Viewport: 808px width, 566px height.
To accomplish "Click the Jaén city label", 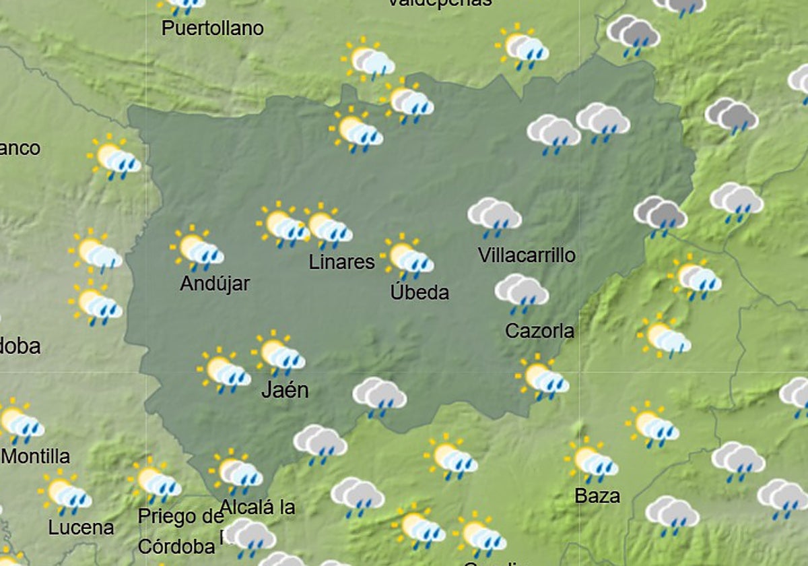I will pos(285,389).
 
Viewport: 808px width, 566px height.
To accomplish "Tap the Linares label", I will pos(341,262).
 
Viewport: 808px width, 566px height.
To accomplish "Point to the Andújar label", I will pos(215,284).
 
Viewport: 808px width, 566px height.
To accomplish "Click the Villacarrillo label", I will pos(527,255).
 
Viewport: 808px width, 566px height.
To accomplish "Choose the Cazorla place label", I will pos(540,331).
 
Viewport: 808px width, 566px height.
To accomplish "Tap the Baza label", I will pos(597,496).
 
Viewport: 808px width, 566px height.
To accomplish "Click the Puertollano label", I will pos(213,28).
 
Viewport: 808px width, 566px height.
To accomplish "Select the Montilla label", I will pos(36,456).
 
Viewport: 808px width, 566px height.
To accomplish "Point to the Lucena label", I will pos(81,527).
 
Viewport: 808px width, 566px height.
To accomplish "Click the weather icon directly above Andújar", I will pos(197,249).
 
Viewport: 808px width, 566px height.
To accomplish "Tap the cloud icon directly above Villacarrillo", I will pos(495,216).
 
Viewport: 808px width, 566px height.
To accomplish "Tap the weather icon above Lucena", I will pos(65,494).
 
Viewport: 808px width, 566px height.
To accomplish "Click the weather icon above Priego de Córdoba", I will pos(155,481).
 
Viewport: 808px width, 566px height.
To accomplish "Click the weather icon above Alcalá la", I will pos(236,472).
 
